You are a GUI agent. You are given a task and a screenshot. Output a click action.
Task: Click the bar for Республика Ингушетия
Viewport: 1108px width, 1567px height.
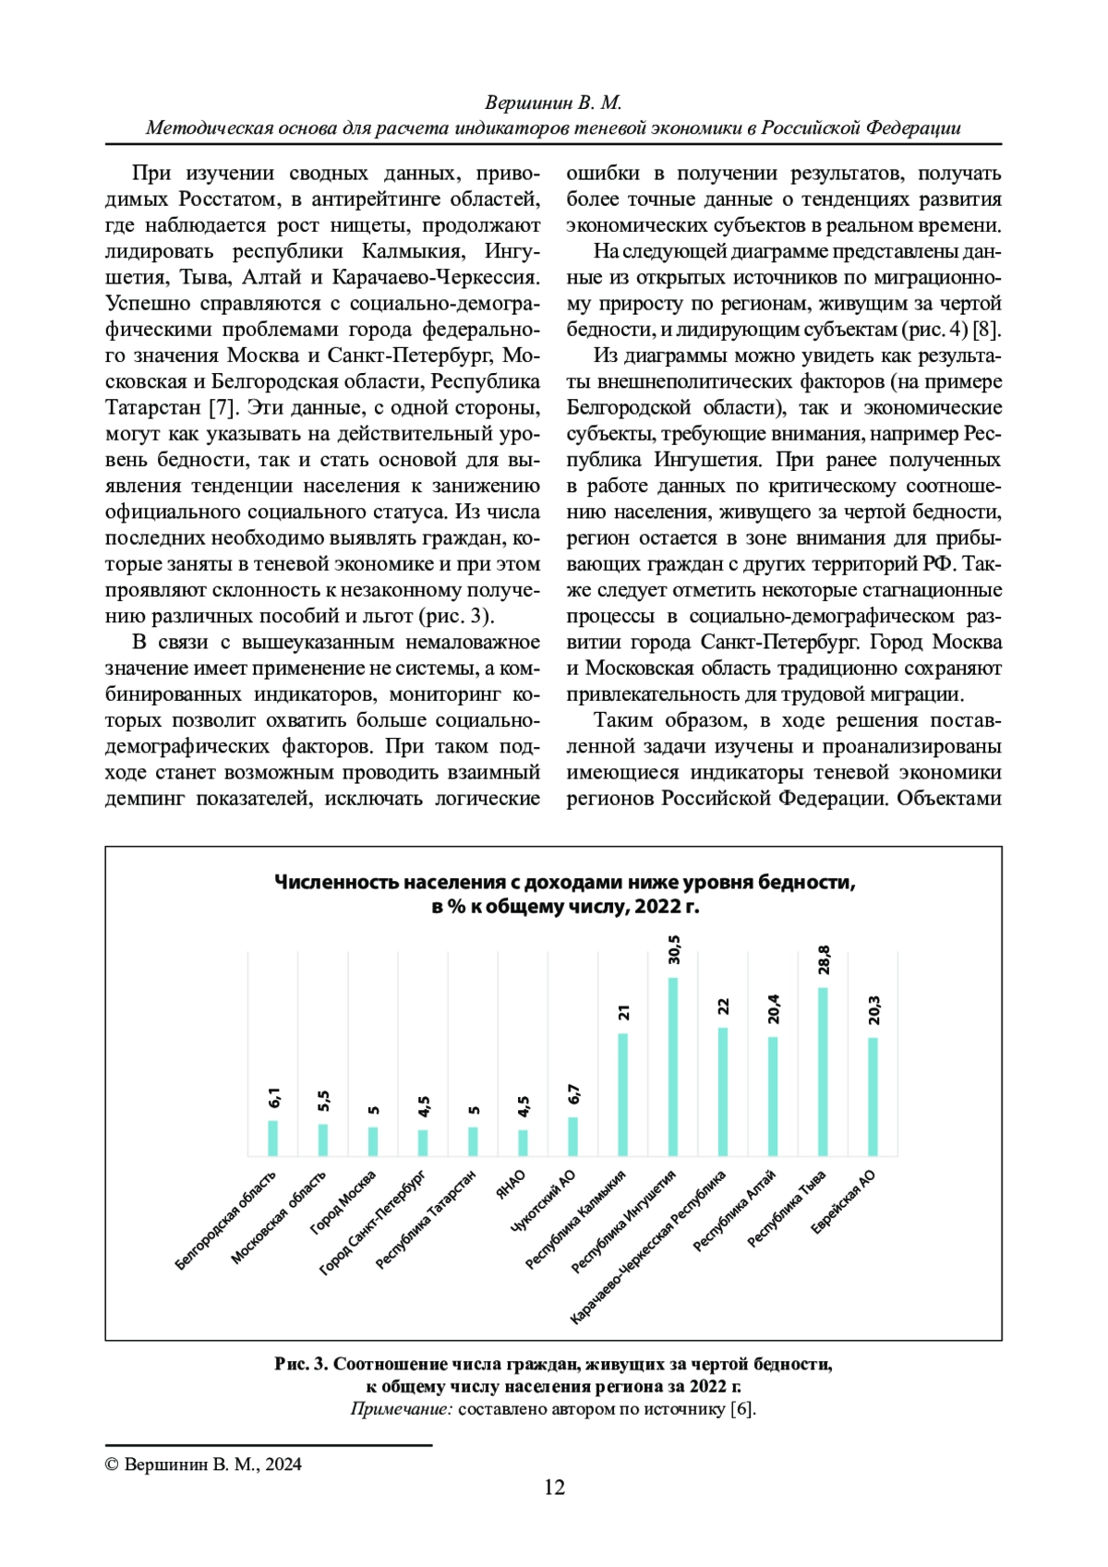(673, 1067)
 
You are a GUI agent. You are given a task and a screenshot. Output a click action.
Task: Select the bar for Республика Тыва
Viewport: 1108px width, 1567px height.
(823, 1071)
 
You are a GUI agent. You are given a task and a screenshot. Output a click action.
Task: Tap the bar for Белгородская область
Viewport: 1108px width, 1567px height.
(273, 1138)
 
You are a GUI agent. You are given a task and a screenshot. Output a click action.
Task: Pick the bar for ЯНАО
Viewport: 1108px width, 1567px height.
(524, 1142)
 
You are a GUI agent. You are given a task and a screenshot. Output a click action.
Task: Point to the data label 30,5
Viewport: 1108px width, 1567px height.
(674, 949)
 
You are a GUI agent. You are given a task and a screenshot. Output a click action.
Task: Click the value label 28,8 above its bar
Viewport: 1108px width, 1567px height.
(824, 959)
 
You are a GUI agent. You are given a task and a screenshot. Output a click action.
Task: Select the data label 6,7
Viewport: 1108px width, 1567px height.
(573, 1094)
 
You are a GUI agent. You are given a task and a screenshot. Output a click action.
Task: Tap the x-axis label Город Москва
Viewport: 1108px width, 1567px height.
(343, 1201)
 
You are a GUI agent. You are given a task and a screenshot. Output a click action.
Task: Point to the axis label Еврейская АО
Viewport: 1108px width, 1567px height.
(843, 1201)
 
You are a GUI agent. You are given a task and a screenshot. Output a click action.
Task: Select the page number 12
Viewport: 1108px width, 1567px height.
(554, 1487)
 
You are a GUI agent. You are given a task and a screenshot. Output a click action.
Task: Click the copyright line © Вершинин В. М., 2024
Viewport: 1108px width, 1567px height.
(203, 1464)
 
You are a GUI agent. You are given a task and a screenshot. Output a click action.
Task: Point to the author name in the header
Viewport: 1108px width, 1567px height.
(553, 102)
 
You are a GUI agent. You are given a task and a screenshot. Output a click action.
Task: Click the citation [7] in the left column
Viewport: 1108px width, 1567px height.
(223, 407)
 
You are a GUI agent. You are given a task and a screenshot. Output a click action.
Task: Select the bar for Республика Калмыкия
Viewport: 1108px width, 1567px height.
(623, 1094)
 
